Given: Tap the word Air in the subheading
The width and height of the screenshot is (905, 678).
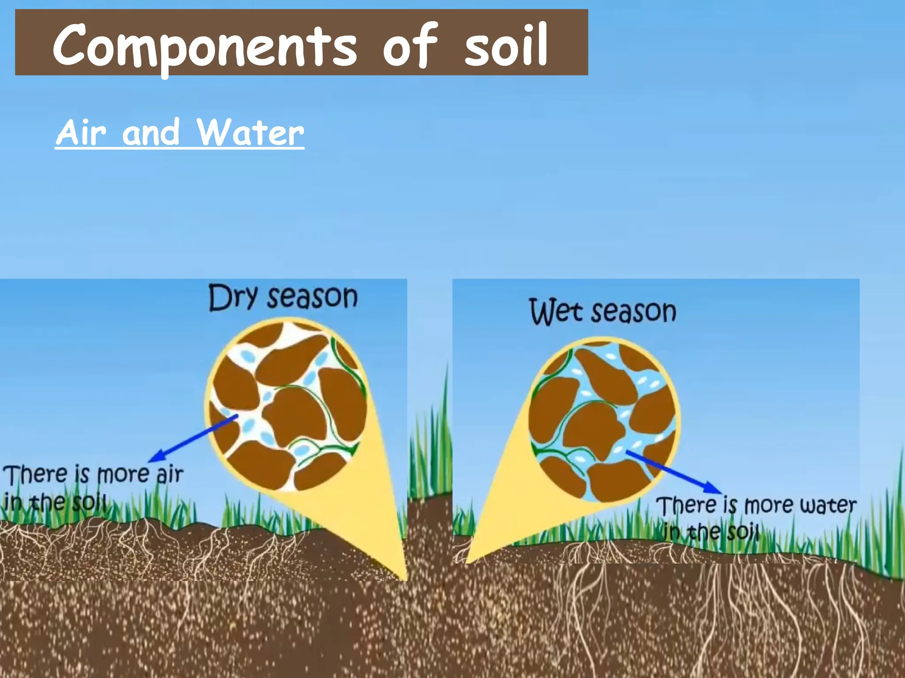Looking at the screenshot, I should point(81,132).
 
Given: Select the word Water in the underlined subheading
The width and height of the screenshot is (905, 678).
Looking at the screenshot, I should point(251,132).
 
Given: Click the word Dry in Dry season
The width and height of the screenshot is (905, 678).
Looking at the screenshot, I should point(232,298).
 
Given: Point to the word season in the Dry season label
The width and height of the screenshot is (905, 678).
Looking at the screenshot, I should point(313,297).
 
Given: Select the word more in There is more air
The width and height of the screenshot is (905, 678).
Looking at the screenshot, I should point(123,475).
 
